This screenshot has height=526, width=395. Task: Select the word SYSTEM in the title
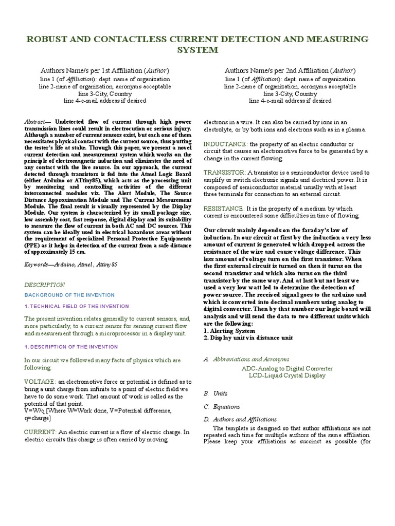point(197,50)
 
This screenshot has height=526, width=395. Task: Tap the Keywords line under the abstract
point(71,264)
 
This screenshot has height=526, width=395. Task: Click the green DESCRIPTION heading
point(45,285)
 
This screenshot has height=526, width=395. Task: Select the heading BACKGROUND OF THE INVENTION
point(70,295)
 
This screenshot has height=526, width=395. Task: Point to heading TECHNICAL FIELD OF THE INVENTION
point(77,306)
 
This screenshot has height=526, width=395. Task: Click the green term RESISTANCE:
point(224,209)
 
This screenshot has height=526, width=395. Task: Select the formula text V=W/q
point(34,411)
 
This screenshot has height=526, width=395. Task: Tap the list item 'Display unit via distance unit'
point(252,337)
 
